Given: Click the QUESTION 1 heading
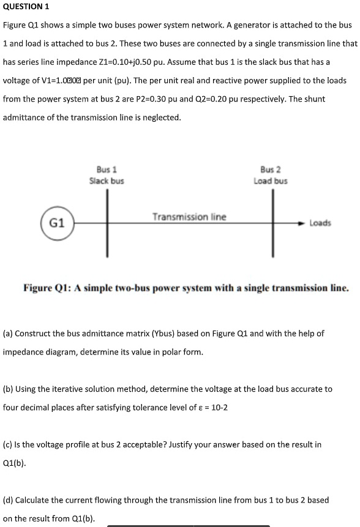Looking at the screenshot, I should [x=26, y=7].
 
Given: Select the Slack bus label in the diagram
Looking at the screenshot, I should [x=107, y=181].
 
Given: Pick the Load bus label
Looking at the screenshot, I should [x=270, y=181].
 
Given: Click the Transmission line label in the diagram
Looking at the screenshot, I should [x=189, y=217].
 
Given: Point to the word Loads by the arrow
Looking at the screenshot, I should [x=320, y=223].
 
